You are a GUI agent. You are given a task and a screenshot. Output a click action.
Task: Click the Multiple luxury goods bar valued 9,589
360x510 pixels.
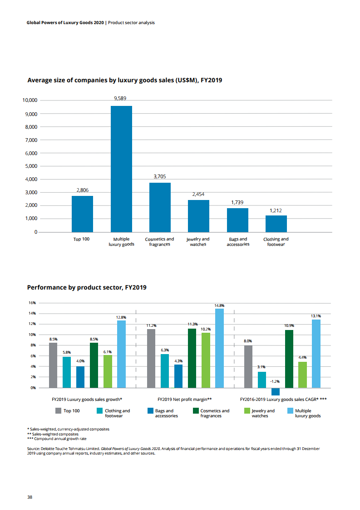121,169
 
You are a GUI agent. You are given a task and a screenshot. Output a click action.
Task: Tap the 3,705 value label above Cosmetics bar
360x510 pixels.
160,176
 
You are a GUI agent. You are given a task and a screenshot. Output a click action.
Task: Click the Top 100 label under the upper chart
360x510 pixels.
81,239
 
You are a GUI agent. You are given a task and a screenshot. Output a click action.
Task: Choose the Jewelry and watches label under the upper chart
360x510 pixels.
198,242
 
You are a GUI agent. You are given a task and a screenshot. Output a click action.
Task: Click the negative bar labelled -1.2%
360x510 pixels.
276,391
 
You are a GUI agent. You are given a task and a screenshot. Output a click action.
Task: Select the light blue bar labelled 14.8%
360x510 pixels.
219,348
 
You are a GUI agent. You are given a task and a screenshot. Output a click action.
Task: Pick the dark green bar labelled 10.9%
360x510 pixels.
289,359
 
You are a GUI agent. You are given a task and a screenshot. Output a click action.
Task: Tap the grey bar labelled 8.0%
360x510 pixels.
248,366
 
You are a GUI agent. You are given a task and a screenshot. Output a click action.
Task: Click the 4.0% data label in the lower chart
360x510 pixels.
80,361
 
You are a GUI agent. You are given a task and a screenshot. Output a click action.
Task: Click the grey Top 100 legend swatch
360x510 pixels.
58,411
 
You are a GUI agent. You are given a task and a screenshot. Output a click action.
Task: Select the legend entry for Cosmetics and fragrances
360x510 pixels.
215,413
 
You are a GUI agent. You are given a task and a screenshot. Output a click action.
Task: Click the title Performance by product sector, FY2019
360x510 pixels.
87,288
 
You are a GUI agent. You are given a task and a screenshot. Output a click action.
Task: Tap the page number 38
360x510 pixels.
30,497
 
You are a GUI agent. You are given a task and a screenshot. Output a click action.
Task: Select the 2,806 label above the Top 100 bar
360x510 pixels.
82,190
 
